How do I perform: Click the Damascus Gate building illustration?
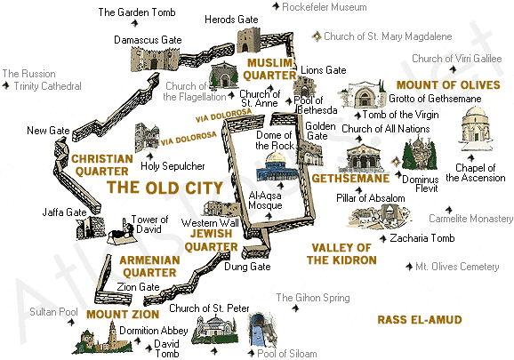149,59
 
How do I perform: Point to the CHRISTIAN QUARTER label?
102,164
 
